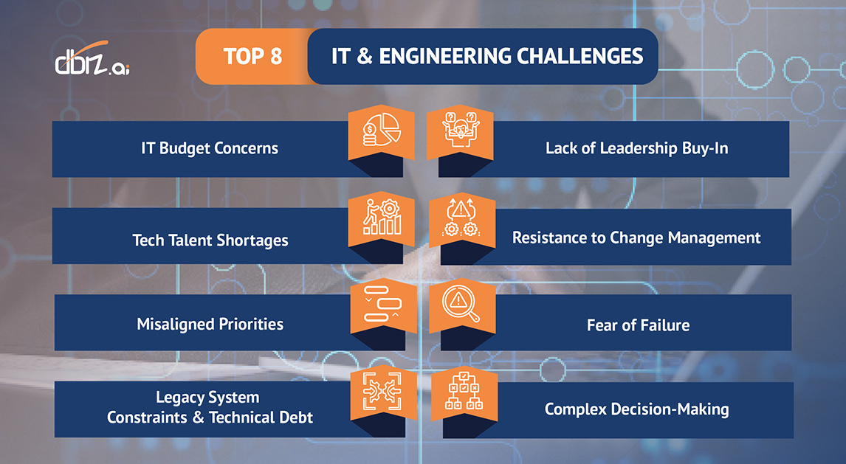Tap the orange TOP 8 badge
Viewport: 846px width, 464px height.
pyautogui.click(x=252, y=56)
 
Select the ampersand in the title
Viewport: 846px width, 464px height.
pyautogui.click(x=362, y=56)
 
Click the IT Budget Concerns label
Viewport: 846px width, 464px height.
pyautogui.click(x=210, y=148)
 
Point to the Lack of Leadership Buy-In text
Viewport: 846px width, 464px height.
pyautogui.click(x=636, y=148)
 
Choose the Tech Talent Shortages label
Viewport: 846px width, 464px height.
pyautogui.click(x=210, y=240)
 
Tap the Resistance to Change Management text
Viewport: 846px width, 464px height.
pyautogui.click(x=636, y=238)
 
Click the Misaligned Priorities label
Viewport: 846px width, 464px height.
pyautogui.click(x=210, y=324)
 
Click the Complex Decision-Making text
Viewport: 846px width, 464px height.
pyautogui.click(x=636, y=409)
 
